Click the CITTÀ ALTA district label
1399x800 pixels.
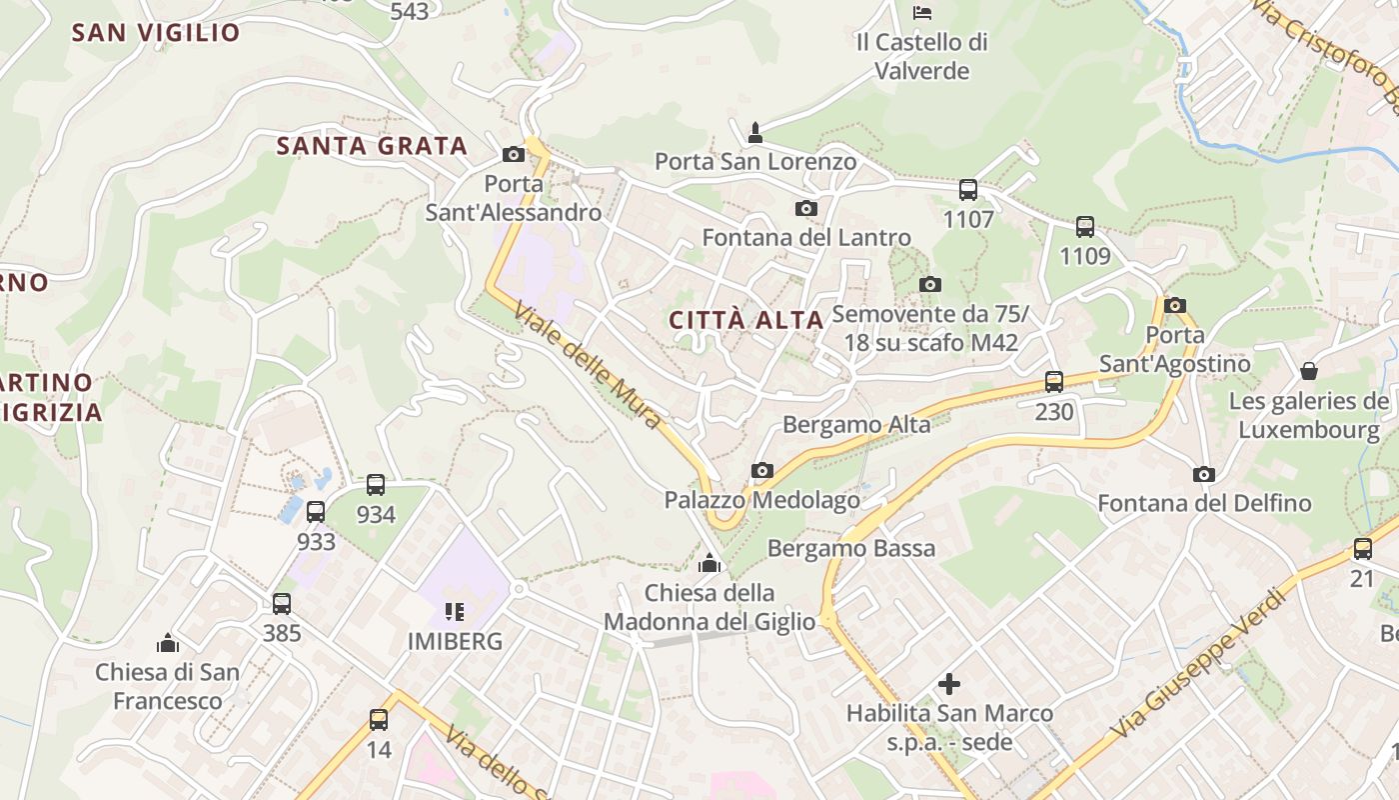click(x=745, y=320)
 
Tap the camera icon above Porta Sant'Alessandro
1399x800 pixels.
click(x=514, y=154)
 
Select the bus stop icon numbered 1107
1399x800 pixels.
click(x=967, y=190)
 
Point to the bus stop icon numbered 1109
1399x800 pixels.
click(x=1085, y=227)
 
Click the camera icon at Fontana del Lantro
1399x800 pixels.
click(x=805, y=208)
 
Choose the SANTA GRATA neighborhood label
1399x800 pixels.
click(x=372, y=146)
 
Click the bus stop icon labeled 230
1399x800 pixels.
click(x=1054, y=381)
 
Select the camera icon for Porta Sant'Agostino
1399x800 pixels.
click(x=1175, y=305)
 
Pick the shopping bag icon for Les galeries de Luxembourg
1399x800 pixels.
click(x=1309, y=371)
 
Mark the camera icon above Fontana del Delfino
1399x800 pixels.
click(x=1204, y=474)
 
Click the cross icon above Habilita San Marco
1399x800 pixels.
click(x=949, y=684)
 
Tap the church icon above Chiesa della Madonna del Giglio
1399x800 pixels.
click(x=709, y=563)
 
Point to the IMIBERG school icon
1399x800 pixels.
click(x=455, y=611)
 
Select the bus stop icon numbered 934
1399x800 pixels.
click(x=376, y=485)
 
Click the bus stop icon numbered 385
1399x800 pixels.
click(x=282, y=603)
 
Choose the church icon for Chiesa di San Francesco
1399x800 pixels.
click(x=168, y=642)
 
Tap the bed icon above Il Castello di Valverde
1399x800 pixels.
click(x=922, y=13)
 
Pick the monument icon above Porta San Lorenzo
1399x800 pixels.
click(x=755, y=132)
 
